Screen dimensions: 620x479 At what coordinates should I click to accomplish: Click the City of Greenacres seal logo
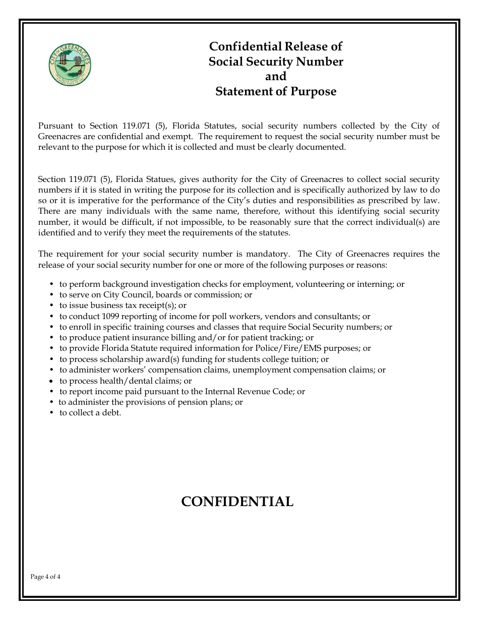click(70, 65)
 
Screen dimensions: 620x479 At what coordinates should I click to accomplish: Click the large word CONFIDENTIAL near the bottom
click(237, 502)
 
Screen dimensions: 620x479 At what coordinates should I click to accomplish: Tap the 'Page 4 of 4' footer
click(45, 577)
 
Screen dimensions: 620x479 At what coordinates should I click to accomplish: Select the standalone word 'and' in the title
click(276, 77)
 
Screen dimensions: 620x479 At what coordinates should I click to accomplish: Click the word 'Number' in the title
click(320, 61)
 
